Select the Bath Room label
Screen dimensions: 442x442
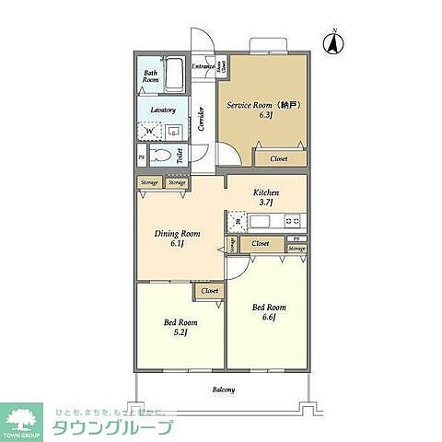pyautogui.click(x=151, y=76)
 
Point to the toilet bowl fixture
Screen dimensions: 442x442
pyautogui.click(x=162, y=156)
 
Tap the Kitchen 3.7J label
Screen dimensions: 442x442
pyautogui.click(x=265, y=196)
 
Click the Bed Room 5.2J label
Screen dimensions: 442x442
pyautogui.click(x=180, y=327)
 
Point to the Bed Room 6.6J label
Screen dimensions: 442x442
pyautogui.click(x=269, y=311)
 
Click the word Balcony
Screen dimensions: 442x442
pyautogui.click(x=223, y=390)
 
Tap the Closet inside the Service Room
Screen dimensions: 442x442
pyautogui.click(x=278, y=158)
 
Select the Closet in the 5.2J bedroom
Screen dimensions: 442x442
pyautogui.click(x=210, y=291)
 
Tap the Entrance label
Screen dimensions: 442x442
pyautogui.click(x=204, y=66)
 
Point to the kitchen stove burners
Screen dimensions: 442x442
pyautogui.click(x=292, y=221)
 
